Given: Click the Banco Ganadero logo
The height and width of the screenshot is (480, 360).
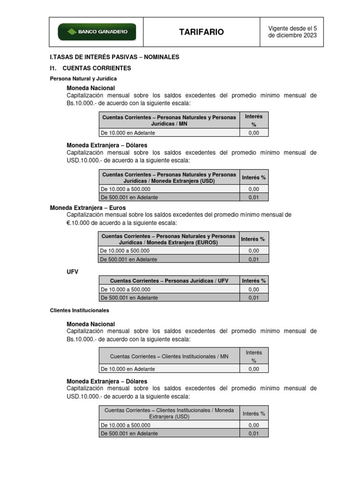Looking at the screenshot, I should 97,32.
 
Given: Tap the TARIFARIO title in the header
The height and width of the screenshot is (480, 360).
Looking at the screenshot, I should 201,32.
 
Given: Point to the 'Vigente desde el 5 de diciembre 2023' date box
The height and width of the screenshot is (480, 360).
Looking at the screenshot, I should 292,32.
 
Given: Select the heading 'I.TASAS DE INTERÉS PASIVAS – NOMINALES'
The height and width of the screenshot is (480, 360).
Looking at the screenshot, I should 114,57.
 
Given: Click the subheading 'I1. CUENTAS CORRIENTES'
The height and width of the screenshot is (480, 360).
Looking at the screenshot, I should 90,68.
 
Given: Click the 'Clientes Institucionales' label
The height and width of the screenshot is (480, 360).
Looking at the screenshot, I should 79,310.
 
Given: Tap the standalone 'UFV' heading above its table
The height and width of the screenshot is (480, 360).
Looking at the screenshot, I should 73,271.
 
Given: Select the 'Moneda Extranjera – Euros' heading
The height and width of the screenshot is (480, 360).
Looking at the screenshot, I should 88,208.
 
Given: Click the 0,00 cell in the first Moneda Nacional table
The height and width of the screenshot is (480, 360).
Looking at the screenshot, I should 253,133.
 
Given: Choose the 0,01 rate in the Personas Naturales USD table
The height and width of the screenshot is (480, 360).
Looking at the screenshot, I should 253,197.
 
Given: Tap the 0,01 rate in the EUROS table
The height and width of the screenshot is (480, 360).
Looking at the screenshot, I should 253,259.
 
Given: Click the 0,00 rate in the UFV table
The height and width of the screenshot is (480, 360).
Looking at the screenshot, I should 253,289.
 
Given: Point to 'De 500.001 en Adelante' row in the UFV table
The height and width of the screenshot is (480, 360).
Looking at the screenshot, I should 129,298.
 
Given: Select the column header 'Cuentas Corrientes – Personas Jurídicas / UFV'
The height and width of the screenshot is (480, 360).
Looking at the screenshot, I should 169,281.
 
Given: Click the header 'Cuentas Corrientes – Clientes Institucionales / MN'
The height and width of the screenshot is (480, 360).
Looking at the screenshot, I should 169,357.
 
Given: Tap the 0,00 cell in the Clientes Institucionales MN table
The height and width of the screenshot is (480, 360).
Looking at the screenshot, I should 253,369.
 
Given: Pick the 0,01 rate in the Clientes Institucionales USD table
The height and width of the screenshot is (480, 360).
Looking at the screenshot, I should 253,434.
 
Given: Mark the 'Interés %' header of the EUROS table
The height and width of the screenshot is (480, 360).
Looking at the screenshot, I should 253,239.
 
